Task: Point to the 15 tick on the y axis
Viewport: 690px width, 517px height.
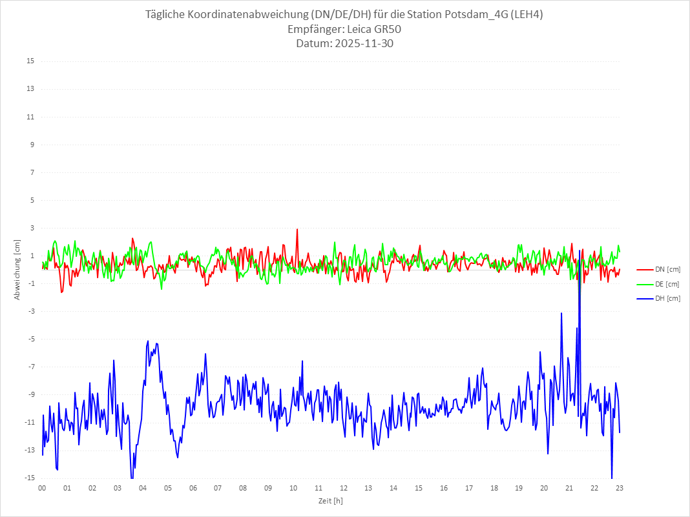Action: (x=30, y=61)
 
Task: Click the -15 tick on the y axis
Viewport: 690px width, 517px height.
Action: (x=29, y=478)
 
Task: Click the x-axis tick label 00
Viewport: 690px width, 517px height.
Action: (x=42, y=489)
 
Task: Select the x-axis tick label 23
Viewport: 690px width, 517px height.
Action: (x=620, y=489)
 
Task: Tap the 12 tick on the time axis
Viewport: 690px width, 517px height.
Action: (x=344, y=489)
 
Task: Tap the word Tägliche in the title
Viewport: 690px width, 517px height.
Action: (x=167, y=15)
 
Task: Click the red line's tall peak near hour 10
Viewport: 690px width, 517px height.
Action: (x=297, y=230)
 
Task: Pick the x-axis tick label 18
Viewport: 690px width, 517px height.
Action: (x=494, y=489)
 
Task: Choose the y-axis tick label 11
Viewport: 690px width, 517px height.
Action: (x=30, y=117)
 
